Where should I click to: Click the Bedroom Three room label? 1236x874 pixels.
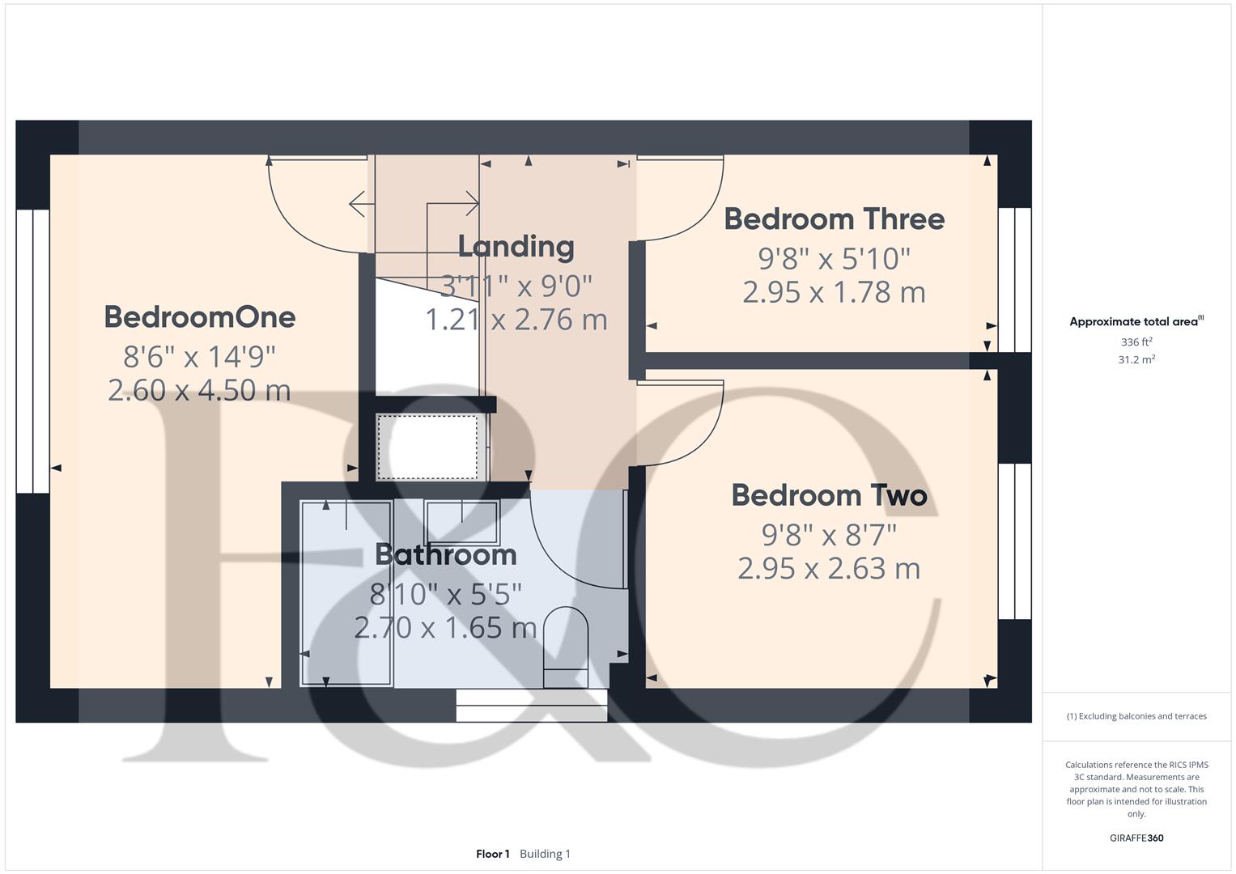point(834,219)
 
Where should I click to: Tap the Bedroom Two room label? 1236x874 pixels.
point(829,495)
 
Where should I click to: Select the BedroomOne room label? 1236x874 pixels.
point(199,316)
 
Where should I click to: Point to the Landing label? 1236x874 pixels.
point(516,247)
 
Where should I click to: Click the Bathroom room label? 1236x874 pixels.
point(445,554)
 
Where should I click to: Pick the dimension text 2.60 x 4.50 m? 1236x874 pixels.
point(199,390)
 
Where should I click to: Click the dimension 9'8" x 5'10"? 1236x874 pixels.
point(834,259)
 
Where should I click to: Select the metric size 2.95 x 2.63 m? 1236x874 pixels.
point(829,568)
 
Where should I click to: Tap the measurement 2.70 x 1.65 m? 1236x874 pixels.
point(445,627)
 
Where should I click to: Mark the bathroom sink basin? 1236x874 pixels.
point(461,521)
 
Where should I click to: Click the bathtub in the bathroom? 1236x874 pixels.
point(346,593)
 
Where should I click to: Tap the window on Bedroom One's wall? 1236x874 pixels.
point(32,351)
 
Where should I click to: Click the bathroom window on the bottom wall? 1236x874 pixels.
point(531,705)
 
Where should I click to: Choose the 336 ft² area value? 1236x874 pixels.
point(1136,342)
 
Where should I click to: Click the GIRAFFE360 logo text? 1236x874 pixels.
point(1136,838)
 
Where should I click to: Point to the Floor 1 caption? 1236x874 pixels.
point(492,854)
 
